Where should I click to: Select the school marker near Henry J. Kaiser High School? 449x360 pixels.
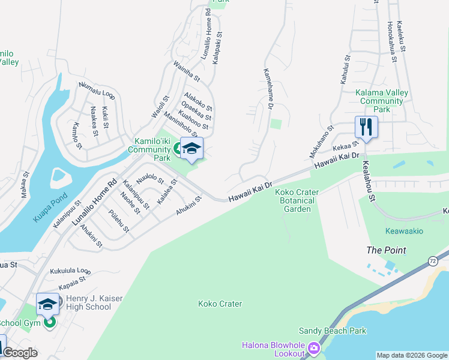pyautogui.click(x=47, y=304)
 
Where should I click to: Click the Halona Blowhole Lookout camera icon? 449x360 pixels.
pyautogui.click(x=313, y=349)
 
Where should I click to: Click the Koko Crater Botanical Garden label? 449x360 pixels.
pyautogui.click(x=297, y=200)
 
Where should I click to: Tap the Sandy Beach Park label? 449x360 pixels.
pyautogui.click(x=333, y=331)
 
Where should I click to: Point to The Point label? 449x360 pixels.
pyautogui.click(x=387, y=250)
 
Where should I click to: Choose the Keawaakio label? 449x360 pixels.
pyautogui.click(x=404, y=231)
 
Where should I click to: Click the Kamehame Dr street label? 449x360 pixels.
pyautogui.click(x=268, y=89)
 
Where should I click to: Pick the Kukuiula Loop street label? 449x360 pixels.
pyautogui.click(x=70, y=271)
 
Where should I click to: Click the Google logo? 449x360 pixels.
pyautogui.click(x=20, y=353)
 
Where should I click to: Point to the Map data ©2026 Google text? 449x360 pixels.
pyautogui.click(x=412, y=355)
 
